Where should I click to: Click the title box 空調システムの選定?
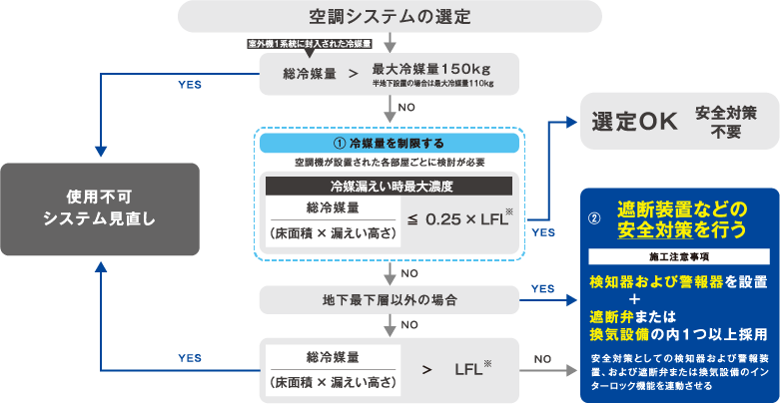coord(390,17)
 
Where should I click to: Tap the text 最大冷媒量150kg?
coord(431,69)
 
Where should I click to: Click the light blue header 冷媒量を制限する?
coord(389,144)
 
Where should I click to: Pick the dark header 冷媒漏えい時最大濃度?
coord(389,186)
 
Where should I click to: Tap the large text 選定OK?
coord(634,122)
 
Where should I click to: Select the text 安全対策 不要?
coord(725,122)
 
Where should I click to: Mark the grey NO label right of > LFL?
coord(542,359)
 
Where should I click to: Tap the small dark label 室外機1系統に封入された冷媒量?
coord(310,45)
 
